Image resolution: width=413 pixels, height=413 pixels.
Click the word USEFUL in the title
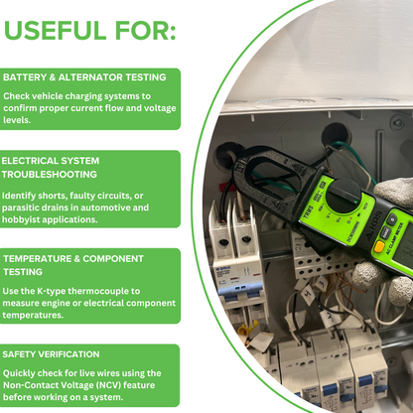tap(56, 31)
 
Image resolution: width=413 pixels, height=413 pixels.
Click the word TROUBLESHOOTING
tap(50, 175)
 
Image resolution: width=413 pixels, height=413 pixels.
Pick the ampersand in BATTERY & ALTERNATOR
tap(53, 77)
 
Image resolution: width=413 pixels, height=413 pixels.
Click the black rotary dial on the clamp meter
tap(343, 196)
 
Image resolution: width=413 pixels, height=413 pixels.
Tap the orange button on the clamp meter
tap(379, 246)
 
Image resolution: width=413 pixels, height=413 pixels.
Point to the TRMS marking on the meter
tap(308, 213)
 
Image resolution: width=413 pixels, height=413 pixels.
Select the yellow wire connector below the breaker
tap(245, 329)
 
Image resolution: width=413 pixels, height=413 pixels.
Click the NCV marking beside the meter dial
tap(365, 206)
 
